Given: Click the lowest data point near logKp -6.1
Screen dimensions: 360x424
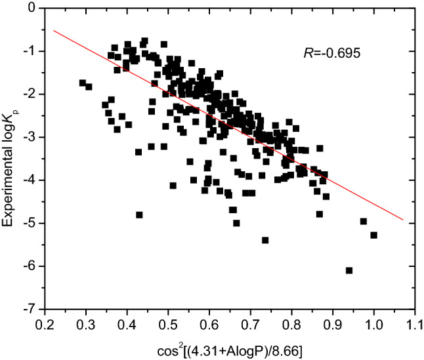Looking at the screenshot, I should coord(349,270).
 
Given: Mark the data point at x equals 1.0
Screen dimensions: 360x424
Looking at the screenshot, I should coord(373,235).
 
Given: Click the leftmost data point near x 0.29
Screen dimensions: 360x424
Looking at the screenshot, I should coord(82,83).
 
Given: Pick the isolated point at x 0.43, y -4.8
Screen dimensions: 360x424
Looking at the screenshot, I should coord(139,214).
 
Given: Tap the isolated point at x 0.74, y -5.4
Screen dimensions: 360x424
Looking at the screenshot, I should coord(265,240).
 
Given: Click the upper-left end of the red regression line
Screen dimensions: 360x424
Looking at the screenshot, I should coord(54,30).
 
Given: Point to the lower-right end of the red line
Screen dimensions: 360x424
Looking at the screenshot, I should coord(402,220).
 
